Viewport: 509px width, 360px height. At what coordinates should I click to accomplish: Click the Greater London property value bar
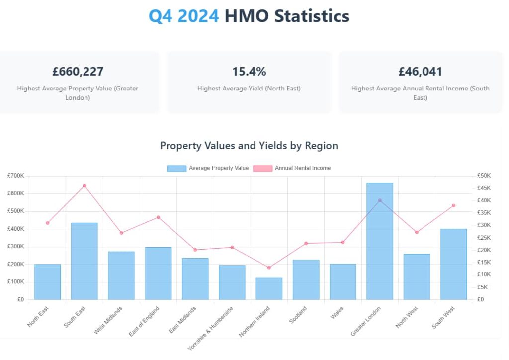[380, 242]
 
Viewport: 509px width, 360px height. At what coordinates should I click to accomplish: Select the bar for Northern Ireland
[269, 289]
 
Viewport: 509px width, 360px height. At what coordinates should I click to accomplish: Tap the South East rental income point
[85, 186]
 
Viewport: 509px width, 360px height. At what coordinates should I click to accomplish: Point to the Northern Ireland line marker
[269, 268]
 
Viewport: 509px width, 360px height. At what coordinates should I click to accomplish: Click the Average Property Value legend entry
[208, 168]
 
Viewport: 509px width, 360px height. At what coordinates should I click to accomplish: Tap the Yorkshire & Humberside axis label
[209, 328]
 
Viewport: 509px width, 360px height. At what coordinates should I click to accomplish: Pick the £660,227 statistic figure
[78, 72]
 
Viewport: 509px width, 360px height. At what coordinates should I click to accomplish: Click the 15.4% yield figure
[249, 72]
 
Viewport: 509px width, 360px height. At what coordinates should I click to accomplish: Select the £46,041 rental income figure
[420, 72]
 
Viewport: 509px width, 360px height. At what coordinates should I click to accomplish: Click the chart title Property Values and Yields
[249, 146]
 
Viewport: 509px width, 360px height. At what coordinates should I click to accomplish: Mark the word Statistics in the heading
[312, 16]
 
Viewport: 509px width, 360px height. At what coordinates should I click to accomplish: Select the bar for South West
[453, 264]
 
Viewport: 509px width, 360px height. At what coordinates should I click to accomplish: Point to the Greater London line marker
[380, 200]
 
